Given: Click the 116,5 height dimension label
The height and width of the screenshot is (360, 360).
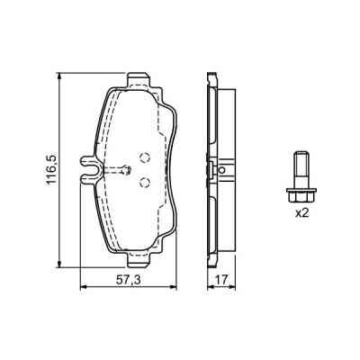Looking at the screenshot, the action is pos(51,169).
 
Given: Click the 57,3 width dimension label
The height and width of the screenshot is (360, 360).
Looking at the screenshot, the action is pos(129,280).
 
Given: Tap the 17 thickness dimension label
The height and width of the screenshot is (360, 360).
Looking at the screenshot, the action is pos(221,280).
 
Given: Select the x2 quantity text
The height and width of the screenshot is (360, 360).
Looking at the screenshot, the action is pos(302,212).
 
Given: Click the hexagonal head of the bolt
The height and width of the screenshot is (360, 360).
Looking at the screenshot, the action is pos(301,195).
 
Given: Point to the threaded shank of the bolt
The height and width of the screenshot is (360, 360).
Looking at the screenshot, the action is pos(301,170).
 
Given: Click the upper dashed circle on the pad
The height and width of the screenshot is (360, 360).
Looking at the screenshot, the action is pos(145,157).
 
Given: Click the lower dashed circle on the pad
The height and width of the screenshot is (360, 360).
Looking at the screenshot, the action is pos(145,182).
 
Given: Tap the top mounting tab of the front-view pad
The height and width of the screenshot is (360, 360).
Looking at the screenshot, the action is pos(139,79).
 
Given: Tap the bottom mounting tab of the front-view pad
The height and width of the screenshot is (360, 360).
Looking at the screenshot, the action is pos(139,260).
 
